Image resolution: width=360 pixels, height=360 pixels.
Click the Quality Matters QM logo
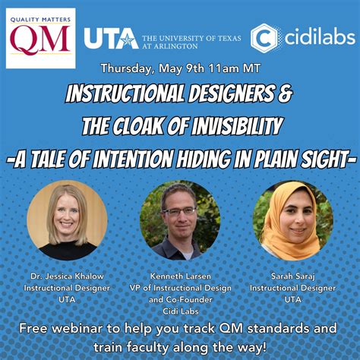[x=41, y=38]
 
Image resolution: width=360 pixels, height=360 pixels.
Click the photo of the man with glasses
[x=180, y=220]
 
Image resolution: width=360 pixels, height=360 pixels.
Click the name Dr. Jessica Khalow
[x=66, y=278]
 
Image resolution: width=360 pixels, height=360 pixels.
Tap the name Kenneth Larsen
[x=179, y=278]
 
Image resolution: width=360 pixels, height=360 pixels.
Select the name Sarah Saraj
[x=293, y=278]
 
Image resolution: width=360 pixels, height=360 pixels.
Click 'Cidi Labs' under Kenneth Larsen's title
[x=179, y=310]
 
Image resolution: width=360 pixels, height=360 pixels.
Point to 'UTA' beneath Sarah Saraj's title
[x=293, y=299]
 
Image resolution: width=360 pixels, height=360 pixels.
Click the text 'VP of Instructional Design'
[x=179, y=289]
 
